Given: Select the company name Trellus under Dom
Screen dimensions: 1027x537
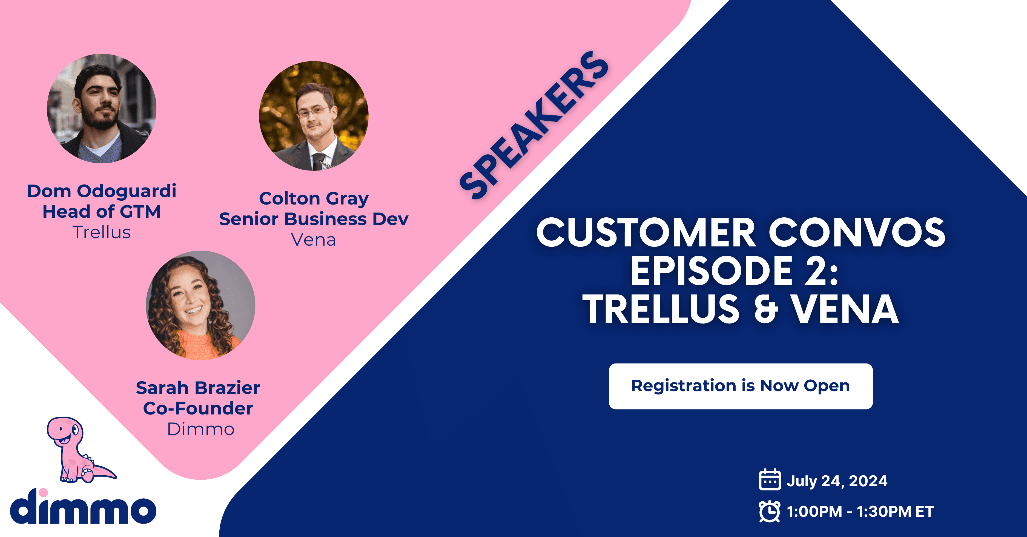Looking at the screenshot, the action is [x=102, y=232].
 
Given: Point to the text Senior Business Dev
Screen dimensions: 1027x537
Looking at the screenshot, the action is [x=314, y=219].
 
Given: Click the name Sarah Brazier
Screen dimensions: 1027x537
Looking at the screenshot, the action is [x=198, y=388].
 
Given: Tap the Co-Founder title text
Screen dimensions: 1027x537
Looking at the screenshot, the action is [x=198, y=408].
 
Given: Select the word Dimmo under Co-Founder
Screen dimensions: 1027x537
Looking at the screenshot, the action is [x=200, y=429].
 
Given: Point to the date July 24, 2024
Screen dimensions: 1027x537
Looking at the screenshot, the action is [x=837, y=481].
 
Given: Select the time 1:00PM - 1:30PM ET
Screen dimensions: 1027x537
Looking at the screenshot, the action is [x=860, y=512].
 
